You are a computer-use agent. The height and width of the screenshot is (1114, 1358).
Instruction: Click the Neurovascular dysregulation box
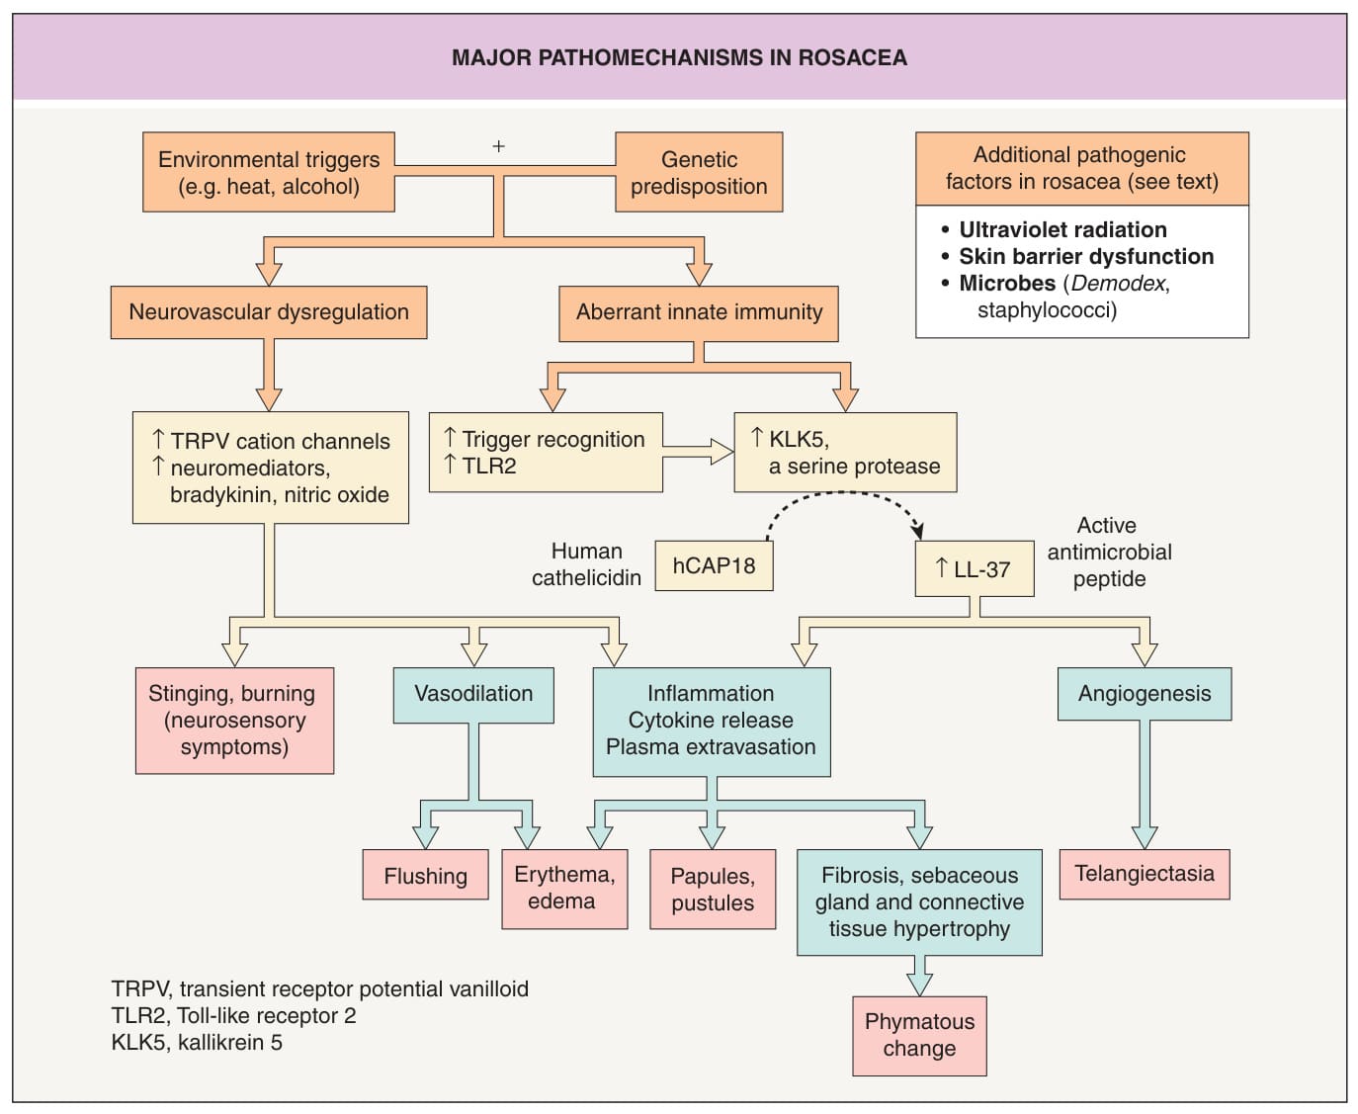tap(269, 312)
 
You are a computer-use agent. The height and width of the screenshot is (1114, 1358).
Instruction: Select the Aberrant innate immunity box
tap(699, 313)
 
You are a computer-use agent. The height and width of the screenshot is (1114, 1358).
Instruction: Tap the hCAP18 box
tap(715, 565)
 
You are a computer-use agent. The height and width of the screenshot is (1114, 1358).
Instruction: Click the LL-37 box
tap(975, 568)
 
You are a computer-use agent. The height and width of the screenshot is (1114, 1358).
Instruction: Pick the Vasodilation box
tap(473, 696)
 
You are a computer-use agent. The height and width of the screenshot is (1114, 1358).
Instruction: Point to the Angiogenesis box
tap(1145, 694)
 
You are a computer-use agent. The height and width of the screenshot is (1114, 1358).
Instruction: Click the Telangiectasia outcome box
tap(1145, 874)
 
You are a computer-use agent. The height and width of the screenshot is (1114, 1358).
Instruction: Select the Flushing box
tap(426, 875)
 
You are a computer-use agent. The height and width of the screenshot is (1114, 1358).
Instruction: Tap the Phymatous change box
tap(919, 1036)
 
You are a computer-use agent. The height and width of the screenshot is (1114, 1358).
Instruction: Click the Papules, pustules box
tap(713, 890)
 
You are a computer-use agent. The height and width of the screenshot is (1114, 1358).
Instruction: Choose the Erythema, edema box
tap(564, 890)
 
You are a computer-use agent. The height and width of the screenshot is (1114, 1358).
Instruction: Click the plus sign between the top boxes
tap(498, 147)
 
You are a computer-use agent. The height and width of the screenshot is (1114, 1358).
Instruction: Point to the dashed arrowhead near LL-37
tap(917, 531)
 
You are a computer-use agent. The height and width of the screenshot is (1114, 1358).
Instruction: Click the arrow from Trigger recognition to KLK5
tap(698, 452)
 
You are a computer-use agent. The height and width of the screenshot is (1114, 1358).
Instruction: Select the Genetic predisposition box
tap(699, 172)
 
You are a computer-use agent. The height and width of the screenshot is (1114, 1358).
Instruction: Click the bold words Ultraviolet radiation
tap(1062, 230)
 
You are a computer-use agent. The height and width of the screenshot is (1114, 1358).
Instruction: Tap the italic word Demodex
tap(1119, 284)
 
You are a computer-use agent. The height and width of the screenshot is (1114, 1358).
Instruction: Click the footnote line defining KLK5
tap(197, 1042)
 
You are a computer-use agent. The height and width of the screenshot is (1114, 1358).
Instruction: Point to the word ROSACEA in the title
tap(853, 57)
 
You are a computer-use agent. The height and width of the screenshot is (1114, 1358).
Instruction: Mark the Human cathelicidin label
tap(587, 564)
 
